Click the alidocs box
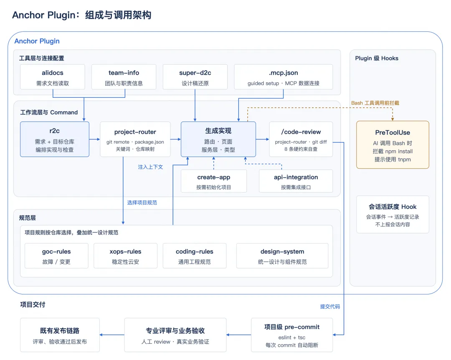pos(53,77)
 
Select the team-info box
pos(124,77)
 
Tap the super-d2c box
pos(195,77)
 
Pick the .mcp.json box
pos(283,77)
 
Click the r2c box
pos(55,139)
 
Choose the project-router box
pos(135,139)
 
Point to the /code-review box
pos(301,139)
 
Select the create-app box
pos(214,181)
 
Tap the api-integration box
pos(296,181)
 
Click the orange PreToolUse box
pos(393,145)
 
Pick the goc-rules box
pos(56,256)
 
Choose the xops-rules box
pos(125,256)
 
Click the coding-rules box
pos(195,256)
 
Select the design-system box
pos(282,256)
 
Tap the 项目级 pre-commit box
pos(292,335)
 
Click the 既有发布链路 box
pos(60,335)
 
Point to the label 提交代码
pos(330,307)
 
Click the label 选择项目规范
pos(142,203)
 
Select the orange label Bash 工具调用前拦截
pos(375,103)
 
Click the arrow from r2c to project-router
pos(95,139)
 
